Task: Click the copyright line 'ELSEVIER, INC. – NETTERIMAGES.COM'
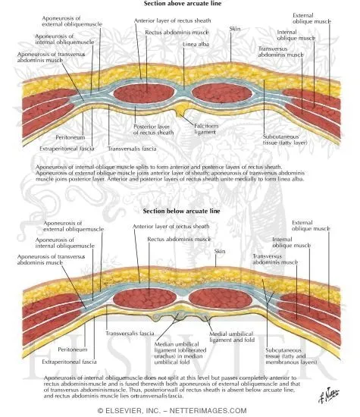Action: point(180,410)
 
